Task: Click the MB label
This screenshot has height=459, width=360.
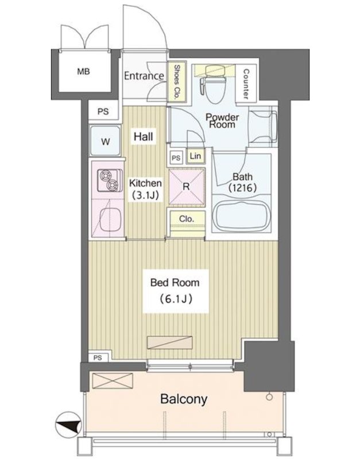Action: tap(83, 71)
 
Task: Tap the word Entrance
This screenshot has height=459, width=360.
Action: tap(144, 76)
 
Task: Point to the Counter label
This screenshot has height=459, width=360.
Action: tap(246, 84)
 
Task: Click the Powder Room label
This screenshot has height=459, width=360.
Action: tap(222, 120)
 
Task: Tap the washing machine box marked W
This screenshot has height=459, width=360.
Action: tap(105, 141)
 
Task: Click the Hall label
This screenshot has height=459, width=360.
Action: tap(143, 137)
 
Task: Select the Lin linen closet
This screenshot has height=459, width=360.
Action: tap(195, 155)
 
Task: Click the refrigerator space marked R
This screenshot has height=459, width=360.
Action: tap(186, 186)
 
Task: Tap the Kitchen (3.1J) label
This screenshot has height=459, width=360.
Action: tap(146, 189)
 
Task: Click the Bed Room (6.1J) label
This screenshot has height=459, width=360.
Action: tap(176, 291)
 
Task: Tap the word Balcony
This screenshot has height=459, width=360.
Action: tap(184, 399)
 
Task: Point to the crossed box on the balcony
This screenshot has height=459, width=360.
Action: tap(113, 380)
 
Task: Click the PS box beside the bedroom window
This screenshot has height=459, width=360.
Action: tap(98, 357)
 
